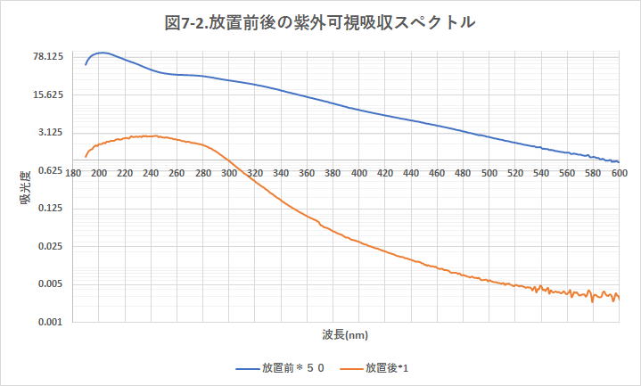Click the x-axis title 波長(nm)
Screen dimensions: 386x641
click(345, 335)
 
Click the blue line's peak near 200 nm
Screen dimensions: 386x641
click(102, 53)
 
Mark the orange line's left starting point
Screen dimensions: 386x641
click(86, 157)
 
